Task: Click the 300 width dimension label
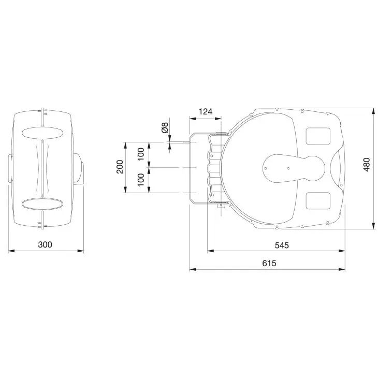(x=45, y=244)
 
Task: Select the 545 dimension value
(x=282, y=245)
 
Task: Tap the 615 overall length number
(x=269, y=263)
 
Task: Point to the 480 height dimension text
(x=366, y=165)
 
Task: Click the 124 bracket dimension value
(x=205, y=112)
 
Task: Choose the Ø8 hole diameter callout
(x=165, y=128)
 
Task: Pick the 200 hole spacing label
(x=120, y=167)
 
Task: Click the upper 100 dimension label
(x=140, y=154)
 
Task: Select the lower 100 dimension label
(x=140, y=180)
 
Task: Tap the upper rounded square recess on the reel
(x=318, y=136)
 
